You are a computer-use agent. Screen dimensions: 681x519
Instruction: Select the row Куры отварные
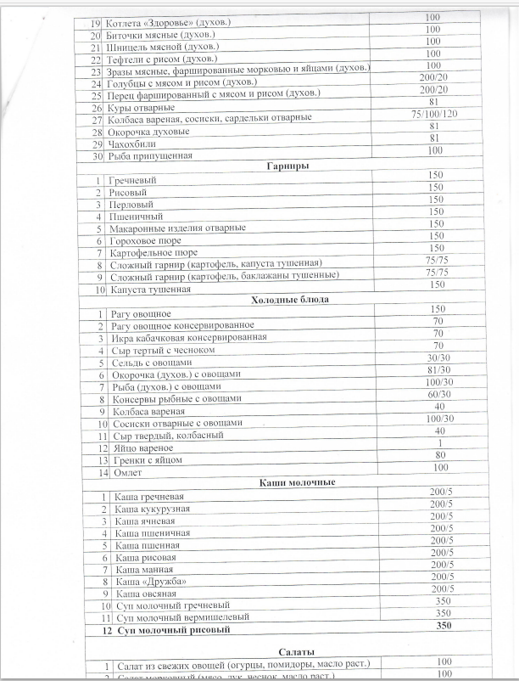tap(141, 108)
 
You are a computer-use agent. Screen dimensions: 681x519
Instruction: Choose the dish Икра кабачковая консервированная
tap(189, 337)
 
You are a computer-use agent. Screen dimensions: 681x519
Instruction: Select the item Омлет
tap(124, 471)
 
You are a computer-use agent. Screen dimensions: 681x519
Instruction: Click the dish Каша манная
tap(142, 570)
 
